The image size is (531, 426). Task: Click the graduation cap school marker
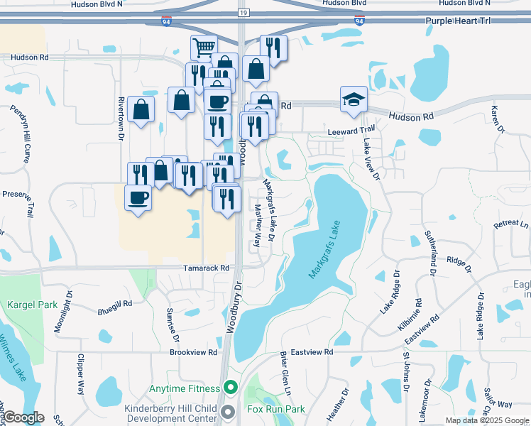354,99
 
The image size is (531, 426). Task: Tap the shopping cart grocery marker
204,48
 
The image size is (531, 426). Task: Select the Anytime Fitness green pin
229,388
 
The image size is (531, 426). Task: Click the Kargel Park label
32,305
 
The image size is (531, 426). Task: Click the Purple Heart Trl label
458,22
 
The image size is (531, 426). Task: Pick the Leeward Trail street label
350,131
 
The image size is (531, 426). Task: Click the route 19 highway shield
243,13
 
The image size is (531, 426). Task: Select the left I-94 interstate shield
165,22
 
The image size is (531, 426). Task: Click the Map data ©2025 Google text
487,420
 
